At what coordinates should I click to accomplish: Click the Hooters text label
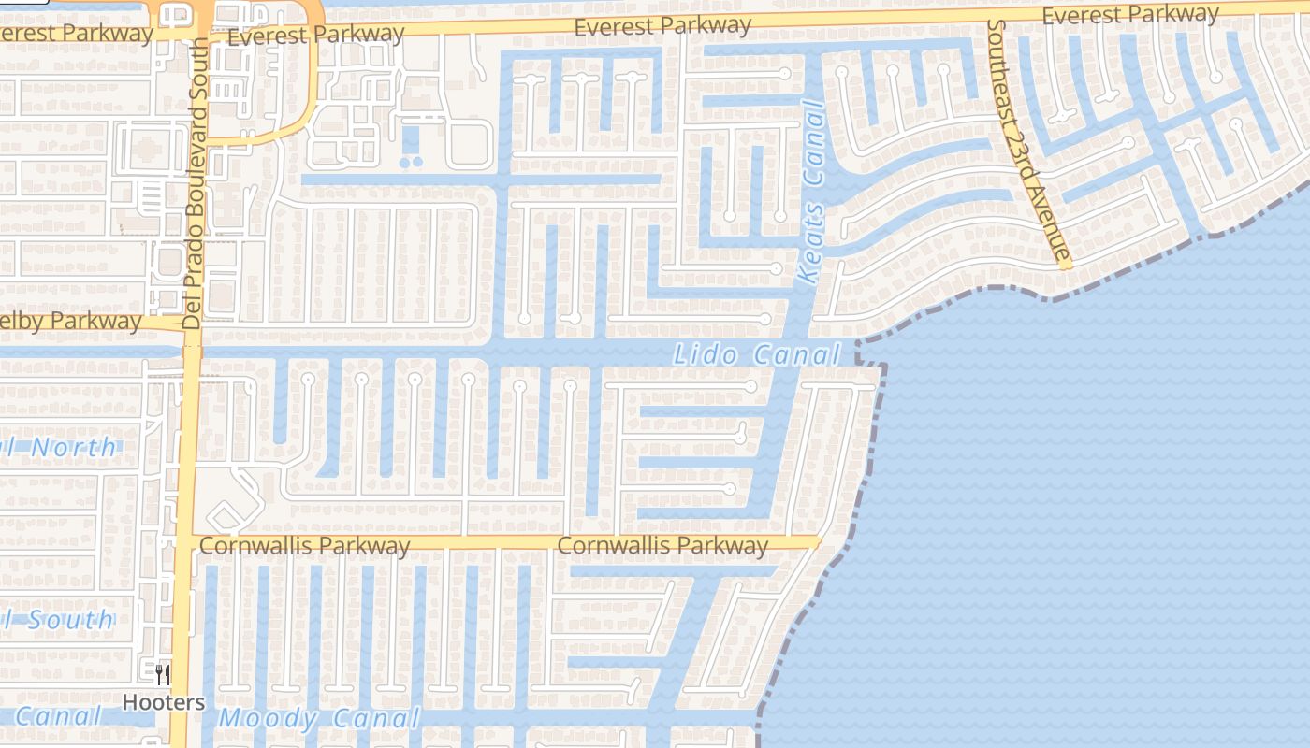point(164,701)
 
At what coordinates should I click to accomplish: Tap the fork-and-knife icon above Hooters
point(164,674)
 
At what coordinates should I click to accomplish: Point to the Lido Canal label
point(757,355)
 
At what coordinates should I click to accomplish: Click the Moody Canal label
point(319,719)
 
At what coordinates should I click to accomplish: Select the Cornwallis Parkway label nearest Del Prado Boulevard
point(305,545)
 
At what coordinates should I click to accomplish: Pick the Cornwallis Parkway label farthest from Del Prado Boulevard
point(662,545)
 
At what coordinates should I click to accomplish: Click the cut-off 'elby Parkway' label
point(71,321)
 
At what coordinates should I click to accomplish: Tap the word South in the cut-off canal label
point(69,620)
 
